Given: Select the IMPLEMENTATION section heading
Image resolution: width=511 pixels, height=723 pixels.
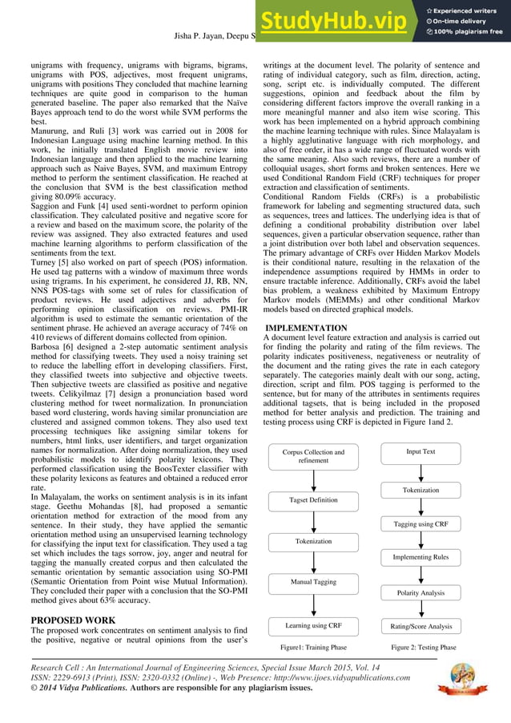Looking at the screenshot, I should [306, 329].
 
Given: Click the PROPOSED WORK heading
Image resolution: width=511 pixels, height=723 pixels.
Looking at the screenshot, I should [73, 620].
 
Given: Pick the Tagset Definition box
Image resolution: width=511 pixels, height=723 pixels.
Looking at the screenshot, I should [313, 500].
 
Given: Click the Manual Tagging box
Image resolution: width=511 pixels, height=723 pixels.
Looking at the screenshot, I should [313, 582].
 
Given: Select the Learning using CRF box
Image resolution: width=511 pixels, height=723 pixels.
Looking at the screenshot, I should [313, 625].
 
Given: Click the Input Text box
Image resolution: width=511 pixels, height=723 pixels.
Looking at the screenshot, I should [420, 452].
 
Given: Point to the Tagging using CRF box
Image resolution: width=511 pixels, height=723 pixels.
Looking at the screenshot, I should [420, 523].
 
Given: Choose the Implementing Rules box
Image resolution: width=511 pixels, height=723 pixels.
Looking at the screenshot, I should [420, 557].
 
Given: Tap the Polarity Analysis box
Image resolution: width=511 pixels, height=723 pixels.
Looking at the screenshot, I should [420, 592].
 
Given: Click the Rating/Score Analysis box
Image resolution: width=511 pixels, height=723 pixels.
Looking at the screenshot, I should [420, 626].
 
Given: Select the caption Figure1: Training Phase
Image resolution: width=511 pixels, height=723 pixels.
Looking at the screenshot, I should [313, 647].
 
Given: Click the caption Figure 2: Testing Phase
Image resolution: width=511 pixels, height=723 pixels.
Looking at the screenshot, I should [423, 647].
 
